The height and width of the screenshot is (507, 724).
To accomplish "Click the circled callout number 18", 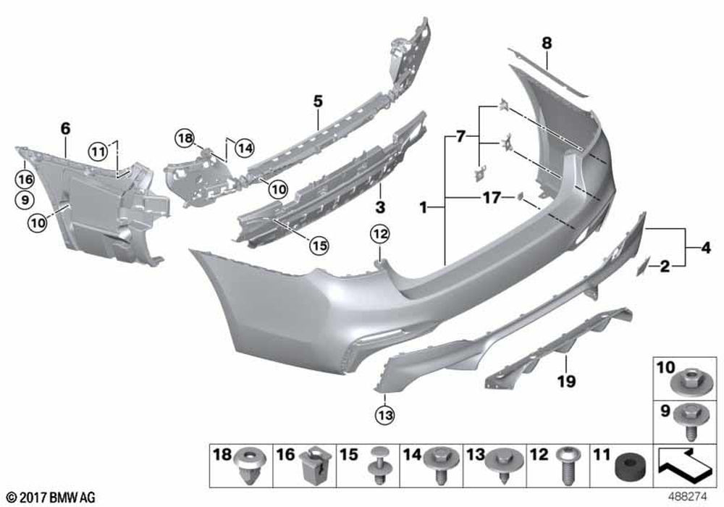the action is pyautogui.click(x=185, y=138).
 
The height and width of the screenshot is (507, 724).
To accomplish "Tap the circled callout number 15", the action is pyautogui.click(x=319, y=246).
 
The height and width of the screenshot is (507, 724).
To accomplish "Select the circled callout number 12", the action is pyautogui.click(x=379, y=235).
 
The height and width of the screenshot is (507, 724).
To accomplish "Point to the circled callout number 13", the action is pyautogui.click(x=386, y=414).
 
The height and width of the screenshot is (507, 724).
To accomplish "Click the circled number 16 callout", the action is pyautogui.click(x=25, y=179).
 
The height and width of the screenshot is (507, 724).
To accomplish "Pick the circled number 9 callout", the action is pyautogui.click(x=25, y=200).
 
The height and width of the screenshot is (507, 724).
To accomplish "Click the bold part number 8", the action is pyautogui.click(x=547, y=43).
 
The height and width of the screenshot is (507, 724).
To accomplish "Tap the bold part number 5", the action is pyautogui.click(x=318, y=101).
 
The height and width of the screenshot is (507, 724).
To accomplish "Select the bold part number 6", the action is pyautogui.click(x=66, y=128).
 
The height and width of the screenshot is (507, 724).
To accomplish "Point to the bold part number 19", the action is pyautogui.click(x=567, y=382).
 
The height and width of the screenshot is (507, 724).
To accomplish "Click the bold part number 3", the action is pyautogui.click(x=380, y=207).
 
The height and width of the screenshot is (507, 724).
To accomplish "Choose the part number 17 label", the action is pyautogui.click(x=492, y=198).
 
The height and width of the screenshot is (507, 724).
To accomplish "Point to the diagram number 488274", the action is pyautogui.click(x=688, y=497).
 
